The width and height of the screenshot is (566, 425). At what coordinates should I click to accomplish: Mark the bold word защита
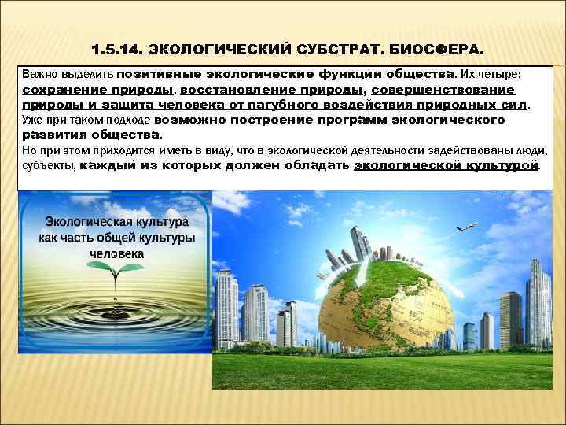[x=171, y=104]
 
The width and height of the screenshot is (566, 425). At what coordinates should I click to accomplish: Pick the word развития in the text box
[x=52, y=135]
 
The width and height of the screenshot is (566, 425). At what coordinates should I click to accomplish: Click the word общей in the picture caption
[x=128, y=238]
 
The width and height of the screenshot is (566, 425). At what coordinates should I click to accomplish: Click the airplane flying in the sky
[x=466, y=227]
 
